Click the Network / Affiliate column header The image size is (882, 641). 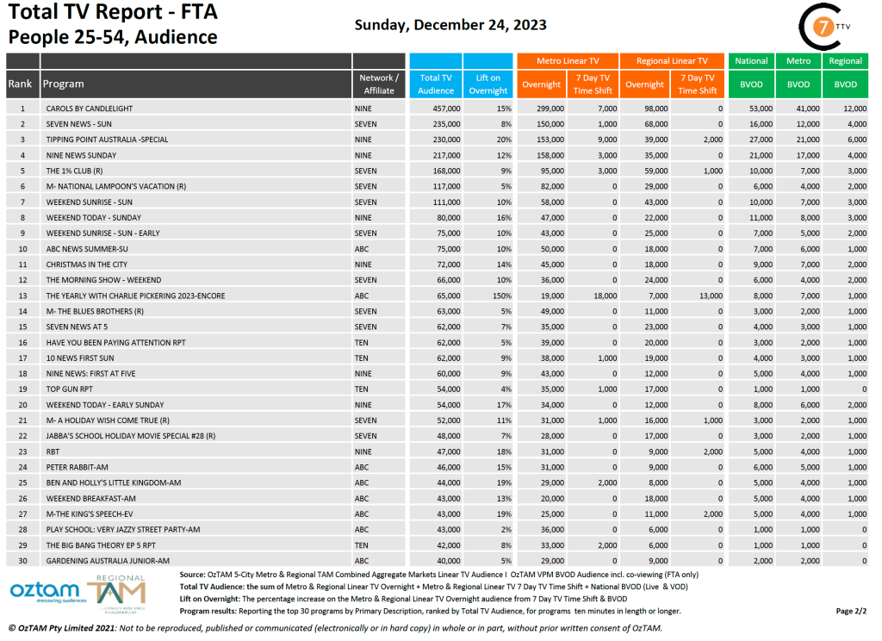tap(379, 84)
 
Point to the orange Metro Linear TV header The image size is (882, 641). tap(567, 61)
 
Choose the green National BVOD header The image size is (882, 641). tap(751, 61)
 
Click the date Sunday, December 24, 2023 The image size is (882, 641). tap(450, 24)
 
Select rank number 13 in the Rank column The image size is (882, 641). tap(23, 296)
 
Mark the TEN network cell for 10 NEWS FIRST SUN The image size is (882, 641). tap(362, 358)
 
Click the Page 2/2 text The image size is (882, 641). tap(850, 611)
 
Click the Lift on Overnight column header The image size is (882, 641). tap(488, 84)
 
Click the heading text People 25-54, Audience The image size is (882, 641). tap(113, 37)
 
